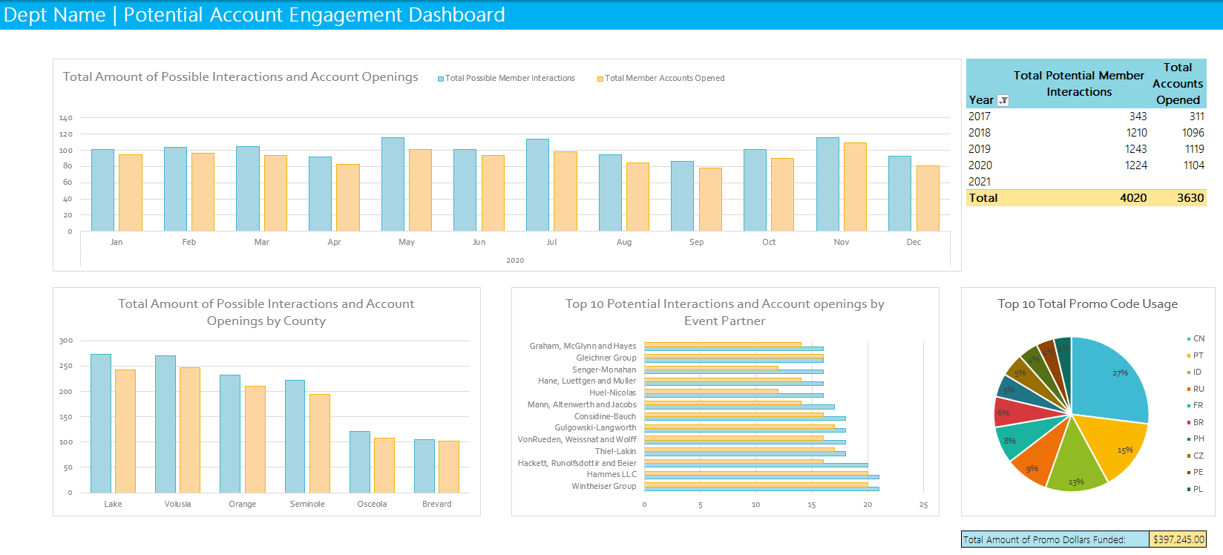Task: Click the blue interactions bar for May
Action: pyautogui.click(x=393, y=184)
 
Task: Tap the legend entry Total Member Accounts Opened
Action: pyautogui.click(x=664, y=78)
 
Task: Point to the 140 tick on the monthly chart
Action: pyautogui.click(x=66, y=118)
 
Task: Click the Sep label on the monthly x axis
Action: pyautogui.click(x=696, y=242)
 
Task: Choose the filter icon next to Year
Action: pyautogui.click(x=1003, y=100)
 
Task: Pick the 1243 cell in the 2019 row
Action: pyautogui.click(x=1135, y=149)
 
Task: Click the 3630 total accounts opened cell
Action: pyautogui.click(x=1190, y=198)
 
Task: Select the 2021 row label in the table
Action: pyautogui.click(x=980, y=182)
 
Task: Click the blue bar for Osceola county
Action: pyautogui.click(x=360, y=462)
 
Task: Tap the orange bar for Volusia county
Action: pyautogui.click(x=190, y=430)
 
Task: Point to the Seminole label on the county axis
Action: pyautogui.click(x=307, y=504)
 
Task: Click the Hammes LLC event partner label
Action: pyautogui.click(x=611, y=474)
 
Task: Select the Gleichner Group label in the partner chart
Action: pyautogui.click(x=606, y=358)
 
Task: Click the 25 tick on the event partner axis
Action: pyautogui.click(x=923, y=505)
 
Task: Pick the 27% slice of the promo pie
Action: pyautogui.click(x=1109, y=378)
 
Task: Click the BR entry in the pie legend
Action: pyautogui.click(x=1198, y=422)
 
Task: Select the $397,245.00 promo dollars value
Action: pyautogui.click(x=1178, y=539)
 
